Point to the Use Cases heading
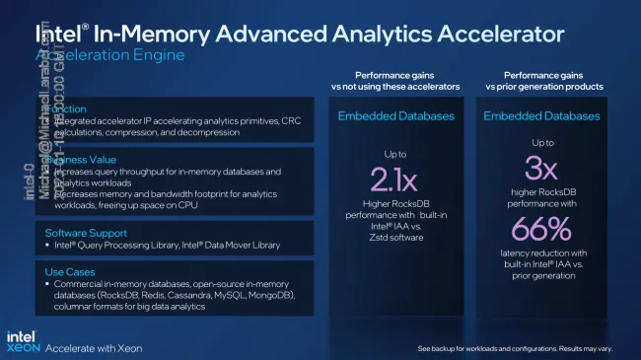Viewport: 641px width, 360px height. coord(65,268)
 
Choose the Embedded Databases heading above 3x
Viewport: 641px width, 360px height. coord(541,116)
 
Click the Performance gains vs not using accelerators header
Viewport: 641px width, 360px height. coord(392,81)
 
